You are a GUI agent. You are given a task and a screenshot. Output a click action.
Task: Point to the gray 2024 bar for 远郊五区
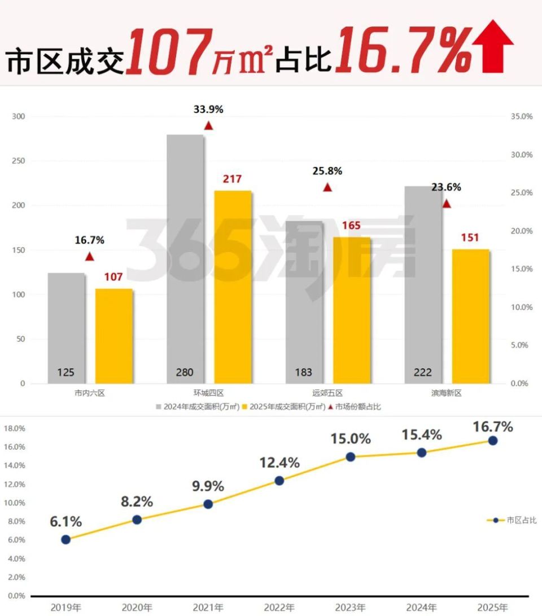pyautogui.click(x=304, y=302)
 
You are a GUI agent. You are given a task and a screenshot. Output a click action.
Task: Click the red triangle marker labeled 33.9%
pyautogui.click(x=208, y=126)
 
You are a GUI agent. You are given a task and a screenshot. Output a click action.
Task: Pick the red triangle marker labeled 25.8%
pyautogui.click(x=327, y=187)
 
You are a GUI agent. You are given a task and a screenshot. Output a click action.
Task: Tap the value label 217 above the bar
pyautogui.click(x=232, y=179)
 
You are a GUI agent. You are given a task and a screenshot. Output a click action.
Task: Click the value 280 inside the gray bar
pyautogui.click(x=185, y=372)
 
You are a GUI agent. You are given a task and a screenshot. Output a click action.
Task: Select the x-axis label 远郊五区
pyautogui.click(x=327, y=393)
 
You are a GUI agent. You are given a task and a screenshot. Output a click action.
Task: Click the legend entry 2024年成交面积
pyautogui.click(x=193, y=407)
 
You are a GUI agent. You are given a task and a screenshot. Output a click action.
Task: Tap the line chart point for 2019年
pyautogui.click(x=66, y=539)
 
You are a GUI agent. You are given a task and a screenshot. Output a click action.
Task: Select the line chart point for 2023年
pyautogui.click(x=350, y=457)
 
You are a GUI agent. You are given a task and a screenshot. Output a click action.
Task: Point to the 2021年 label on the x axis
pyautogui.click(x=208, y=608)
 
